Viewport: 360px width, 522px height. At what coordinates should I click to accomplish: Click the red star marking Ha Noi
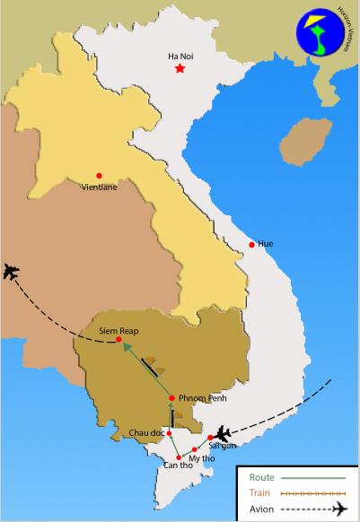tap(180, 69)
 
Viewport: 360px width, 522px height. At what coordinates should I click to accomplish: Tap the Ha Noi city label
tap(180, 56)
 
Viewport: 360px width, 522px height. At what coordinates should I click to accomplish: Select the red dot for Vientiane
tap(99, 175)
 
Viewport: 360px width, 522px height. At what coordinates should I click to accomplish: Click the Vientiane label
tap(99, 188)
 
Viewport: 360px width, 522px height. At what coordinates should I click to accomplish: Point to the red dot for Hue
tap(251, 244)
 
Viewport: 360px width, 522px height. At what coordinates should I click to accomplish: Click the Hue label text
tap(265, 244)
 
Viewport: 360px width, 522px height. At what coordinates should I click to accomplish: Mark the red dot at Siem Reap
tap(119, 340)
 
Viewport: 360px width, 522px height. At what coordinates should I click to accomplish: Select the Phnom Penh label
tap(199, 397)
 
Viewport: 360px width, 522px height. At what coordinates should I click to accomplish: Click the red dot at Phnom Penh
tap(171, 398)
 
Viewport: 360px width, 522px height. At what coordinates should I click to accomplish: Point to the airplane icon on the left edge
tap(13, 272)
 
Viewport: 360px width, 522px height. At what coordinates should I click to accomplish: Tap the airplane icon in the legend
tap(338, 510)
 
